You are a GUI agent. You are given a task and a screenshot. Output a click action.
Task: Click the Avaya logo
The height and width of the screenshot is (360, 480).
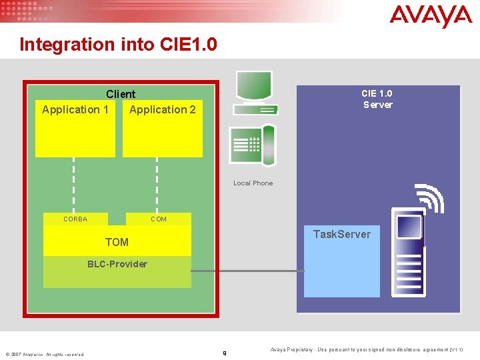[x=431, y=16]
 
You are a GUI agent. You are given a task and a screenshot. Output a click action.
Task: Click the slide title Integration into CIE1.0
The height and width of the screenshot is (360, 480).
[x=118, y=45]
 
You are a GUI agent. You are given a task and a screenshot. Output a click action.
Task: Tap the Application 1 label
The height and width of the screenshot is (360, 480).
[x=75, y=109]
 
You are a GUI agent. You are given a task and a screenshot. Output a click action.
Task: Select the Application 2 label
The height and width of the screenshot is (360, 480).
[x=163, y=109]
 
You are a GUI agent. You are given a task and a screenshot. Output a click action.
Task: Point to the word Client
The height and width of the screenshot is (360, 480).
[x=121, y=95]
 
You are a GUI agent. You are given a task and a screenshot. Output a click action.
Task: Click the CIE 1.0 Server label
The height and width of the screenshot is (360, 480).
[x=377, y=99]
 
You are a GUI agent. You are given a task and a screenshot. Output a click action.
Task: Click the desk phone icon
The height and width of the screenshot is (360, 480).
[x=252, y=145]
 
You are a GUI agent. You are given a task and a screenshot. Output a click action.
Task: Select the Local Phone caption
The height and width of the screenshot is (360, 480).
[x=253, y=183]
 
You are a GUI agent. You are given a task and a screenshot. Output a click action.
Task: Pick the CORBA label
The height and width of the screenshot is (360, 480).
[x=75, y=219]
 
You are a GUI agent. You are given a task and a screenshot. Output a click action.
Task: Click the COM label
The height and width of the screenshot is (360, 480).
[x=159, y=219]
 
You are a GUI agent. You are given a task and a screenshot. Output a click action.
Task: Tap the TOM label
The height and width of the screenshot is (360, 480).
[x=117, y=242]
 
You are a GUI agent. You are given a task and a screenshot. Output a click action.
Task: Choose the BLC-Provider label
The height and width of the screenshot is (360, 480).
[x=117, y=264]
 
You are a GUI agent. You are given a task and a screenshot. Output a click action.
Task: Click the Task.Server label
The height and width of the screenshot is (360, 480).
[x=341, y=234]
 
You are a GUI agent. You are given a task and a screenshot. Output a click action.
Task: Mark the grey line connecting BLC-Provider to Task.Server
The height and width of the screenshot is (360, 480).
[x=247, y=271]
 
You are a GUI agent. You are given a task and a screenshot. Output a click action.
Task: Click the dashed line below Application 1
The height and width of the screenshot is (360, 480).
[x=73, y=185]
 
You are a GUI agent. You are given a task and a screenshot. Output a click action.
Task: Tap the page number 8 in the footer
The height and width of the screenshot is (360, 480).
[x=224, y=353]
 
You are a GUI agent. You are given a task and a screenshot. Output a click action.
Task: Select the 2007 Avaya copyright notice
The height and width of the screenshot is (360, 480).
[x=45, y=354]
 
